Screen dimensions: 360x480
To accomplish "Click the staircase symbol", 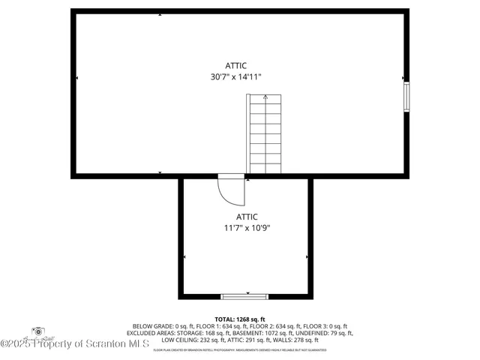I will (x=264, y=135).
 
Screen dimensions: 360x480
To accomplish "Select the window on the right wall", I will (x=407, y=97).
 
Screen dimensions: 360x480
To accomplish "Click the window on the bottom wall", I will (x=244, y=296).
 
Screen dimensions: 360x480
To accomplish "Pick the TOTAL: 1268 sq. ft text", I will (x=240, y=319).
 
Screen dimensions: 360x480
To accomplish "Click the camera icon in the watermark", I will (x=38, y=331).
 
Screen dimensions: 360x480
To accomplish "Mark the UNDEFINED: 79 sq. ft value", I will (x=322, y=333).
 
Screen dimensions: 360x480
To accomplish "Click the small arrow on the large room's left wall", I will (x=76, y=78).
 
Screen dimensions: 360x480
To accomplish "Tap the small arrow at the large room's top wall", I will (x=160, y=14).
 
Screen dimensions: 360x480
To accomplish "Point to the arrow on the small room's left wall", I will (x=184, y=257).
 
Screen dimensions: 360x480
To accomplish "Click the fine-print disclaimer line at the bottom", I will (x=240, y=349).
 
